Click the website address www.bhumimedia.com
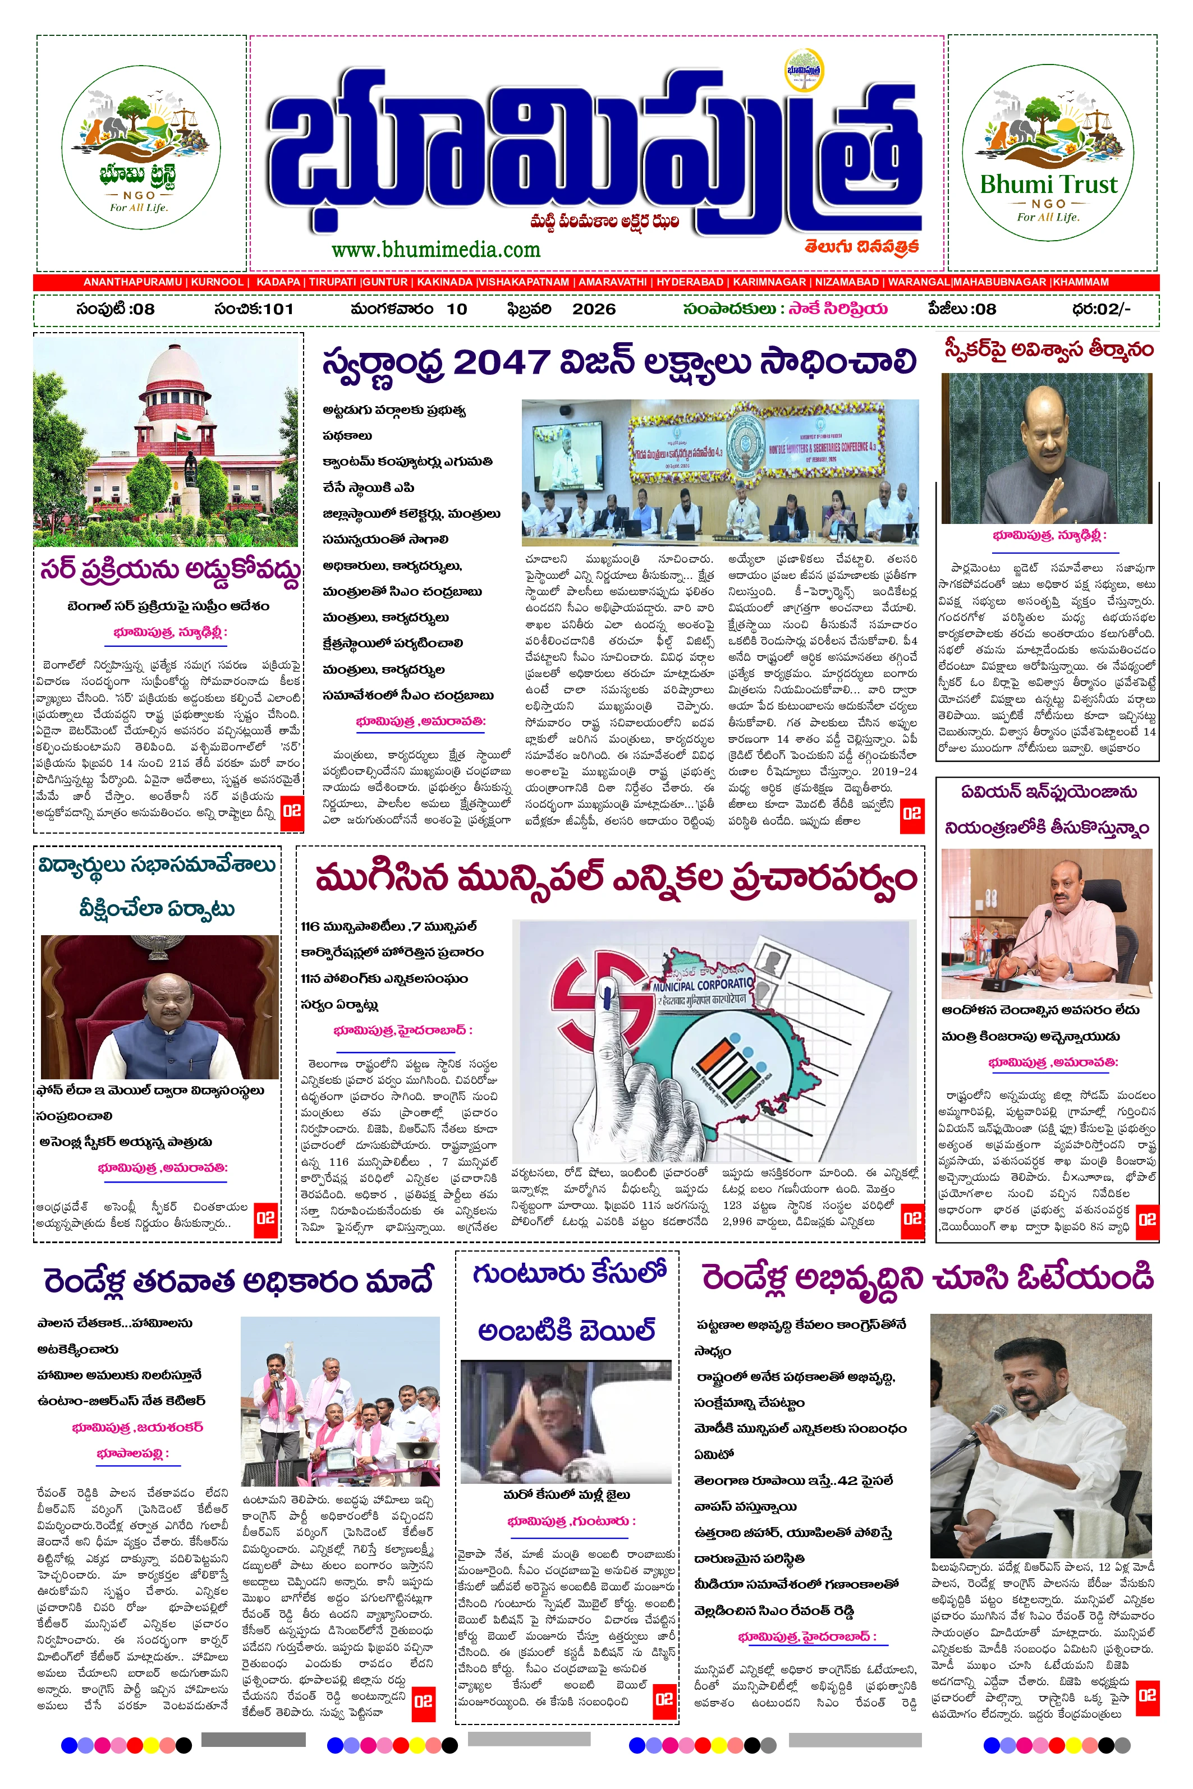435,250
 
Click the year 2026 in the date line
594,309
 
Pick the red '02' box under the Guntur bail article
663,1699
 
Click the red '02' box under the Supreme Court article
291,811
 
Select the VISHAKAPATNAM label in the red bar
524,282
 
